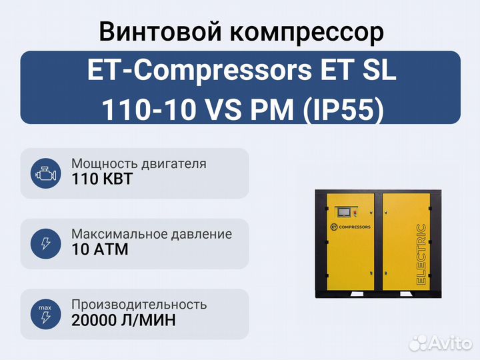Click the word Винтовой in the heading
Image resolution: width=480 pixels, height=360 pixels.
click(160, 31)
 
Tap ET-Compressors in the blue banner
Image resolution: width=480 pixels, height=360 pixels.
click(199, 71)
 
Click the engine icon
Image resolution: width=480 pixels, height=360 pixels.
click(45, 173)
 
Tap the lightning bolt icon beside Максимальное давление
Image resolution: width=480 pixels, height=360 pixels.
click(45, 244)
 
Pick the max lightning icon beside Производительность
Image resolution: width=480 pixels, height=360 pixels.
click(45, 314)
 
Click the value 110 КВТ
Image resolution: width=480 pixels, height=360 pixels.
click(102, 179)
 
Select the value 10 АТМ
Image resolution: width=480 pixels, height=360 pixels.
click(100, 249)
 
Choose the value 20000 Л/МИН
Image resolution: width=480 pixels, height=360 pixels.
click(124, 320)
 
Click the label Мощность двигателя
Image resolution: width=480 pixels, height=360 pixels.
click(139, 164)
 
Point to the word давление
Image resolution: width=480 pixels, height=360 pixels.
click(201, 235)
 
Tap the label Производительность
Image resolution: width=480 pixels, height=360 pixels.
click(139, 305)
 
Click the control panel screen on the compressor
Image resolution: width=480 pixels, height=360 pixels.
click(345, 212)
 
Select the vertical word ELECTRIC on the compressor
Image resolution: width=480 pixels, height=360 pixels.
click(421, 255)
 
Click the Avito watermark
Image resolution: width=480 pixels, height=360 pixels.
click(440, 343)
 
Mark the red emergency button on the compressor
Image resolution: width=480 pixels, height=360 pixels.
click(355, 212)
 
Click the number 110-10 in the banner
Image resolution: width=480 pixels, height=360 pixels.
click(149, 109)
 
